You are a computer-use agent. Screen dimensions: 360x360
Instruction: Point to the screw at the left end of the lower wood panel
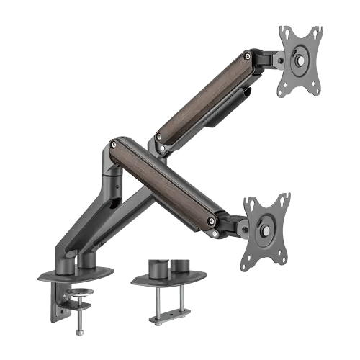click(116, 147)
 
